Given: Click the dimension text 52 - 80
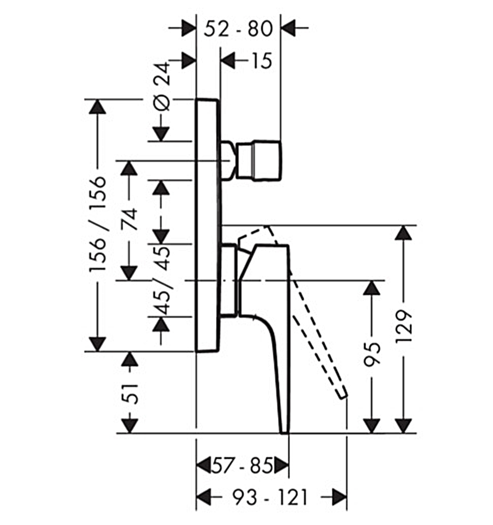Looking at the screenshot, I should click(239, 28).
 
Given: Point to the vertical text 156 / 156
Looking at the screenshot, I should click(98, 224).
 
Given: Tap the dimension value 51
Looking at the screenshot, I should click(130, 391).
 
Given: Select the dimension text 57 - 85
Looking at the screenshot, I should click(242, 465).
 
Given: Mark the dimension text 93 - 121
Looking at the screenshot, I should click(270, 497).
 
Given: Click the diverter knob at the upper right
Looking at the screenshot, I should click(260, 159).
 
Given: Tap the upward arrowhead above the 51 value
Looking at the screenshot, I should click(130, 359).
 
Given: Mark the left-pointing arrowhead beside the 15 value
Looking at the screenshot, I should click(228, 61).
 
